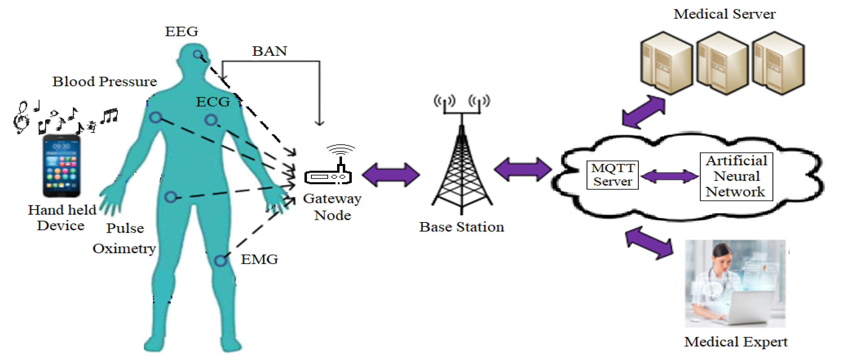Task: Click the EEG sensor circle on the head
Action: (197, 54)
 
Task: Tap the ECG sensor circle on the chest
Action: (211, 120)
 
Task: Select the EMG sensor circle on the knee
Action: (221, 261)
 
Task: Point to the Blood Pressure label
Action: (105, 82)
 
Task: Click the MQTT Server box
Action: (613, 175)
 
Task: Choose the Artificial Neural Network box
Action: (736, 177)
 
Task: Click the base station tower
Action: (462, 154)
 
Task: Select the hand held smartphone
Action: (62, 166)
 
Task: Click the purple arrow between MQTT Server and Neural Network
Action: (669, 177)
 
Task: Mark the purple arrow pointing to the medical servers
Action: (643, 112)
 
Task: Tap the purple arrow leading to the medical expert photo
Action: (649, 243)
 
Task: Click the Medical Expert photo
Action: (735, 283)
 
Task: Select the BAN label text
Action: (270, 51)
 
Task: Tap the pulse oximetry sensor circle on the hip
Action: (171, 197)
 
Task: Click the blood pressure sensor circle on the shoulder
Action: (156, 117)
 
